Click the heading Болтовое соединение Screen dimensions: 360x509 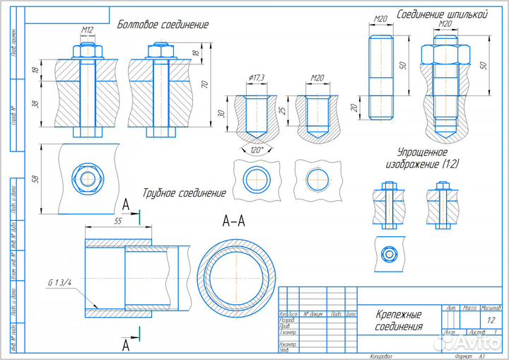click(163, 25)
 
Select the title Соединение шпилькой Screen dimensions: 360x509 click(442, 13)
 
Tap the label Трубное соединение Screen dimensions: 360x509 click(184, 193)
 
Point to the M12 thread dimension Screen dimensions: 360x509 click(88, 30)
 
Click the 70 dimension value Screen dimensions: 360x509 click(205, 84)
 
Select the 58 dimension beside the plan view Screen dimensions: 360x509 click(36, 177)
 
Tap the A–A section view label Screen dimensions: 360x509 click(233, 222)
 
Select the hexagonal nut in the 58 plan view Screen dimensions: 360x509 click(88, 177)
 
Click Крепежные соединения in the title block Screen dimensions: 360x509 click(399, 320)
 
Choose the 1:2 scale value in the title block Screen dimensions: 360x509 click(491, 320)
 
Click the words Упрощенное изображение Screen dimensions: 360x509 click(422, 157)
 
